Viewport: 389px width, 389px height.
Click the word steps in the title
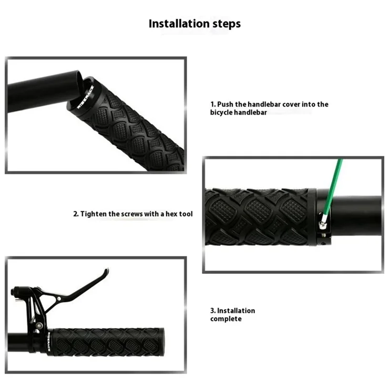click(x=227, y=24)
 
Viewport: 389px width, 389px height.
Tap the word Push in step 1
click(x=226, y=104)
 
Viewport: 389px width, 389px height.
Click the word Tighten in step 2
click(x=93, y=214)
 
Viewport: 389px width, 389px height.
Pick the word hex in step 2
click(x=171, y=214)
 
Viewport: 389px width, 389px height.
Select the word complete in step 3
click(x=226, y=319)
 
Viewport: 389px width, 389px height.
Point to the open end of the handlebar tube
click(x=79, y=80)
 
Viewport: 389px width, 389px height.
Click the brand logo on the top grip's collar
click(x=85, y=97)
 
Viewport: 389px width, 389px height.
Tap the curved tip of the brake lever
click(x=106, y=271)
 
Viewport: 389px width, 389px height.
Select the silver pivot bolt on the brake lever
click(x=59, y=299)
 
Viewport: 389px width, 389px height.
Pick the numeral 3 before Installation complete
click(x=212, y=311)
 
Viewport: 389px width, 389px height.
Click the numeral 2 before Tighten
click(x=75, y=214)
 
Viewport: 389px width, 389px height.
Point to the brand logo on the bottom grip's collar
click(x=48, y=342)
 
